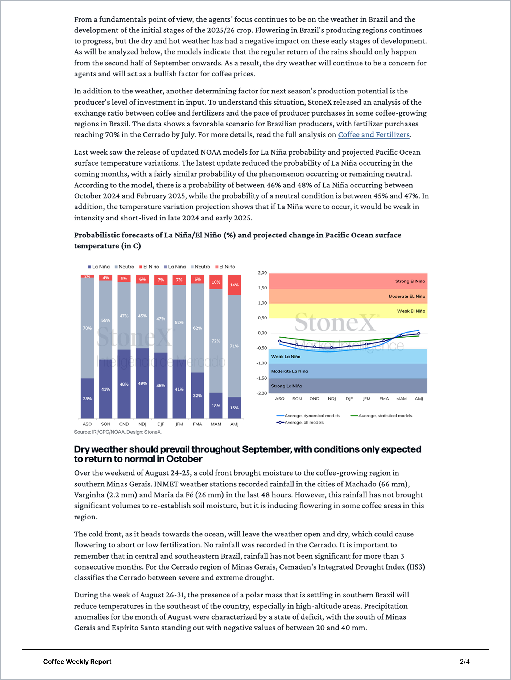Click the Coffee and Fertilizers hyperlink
[x=373, y=135]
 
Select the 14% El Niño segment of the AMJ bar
[x=234, y=285]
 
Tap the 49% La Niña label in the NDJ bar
[x=142, y=383]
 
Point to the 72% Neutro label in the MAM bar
[x=216, y=341]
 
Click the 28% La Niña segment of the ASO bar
[x=87, y=398]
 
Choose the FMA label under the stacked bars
[x=197, y=424]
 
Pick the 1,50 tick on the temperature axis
[x=262, y=288]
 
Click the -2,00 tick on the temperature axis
[x=262, y=393]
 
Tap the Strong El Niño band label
[x=410, y=281]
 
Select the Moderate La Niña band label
[x=289, y=371]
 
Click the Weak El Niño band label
[x=411, y=311]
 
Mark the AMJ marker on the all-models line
[x=418, y=333]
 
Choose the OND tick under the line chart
[x=314, y=399]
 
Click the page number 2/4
[x=464, y=662]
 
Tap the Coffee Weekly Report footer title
[x=77, y=662]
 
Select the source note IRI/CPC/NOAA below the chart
[x=117, y=432]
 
